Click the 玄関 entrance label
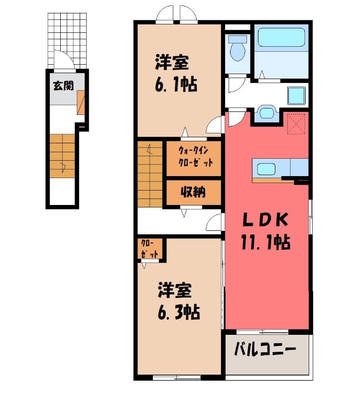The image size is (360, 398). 63,86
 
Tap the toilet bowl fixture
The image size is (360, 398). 238,49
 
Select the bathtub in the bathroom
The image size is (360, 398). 281,38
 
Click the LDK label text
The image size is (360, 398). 265,219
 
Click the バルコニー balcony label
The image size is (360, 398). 265,349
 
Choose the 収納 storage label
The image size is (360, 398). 193,192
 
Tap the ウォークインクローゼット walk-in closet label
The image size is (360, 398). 195,156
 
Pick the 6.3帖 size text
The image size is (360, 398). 179,312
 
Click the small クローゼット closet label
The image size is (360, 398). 150,249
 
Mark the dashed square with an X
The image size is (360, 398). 296,123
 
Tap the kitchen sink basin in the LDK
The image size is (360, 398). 266,169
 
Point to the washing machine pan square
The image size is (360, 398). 296,96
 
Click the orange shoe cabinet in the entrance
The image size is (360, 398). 81,102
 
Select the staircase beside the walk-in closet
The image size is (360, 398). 150,174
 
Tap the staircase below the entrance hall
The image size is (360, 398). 62,156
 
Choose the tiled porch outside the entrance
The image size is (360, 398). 67,41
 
